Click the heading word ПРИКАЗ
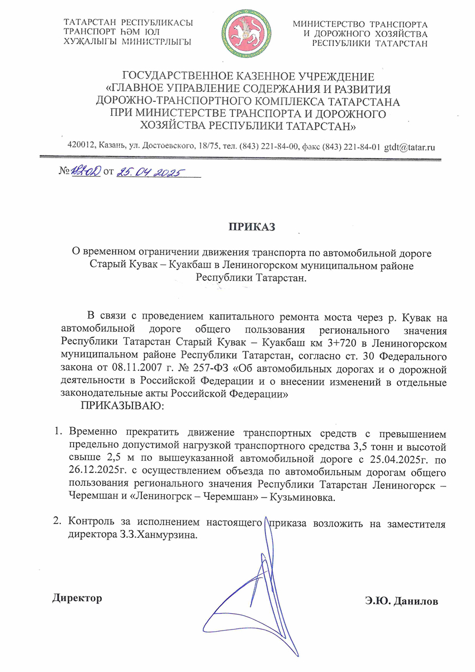pyautogui.click(x=251, y=226)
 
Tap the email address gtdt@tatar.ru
pyautogui.click(x=410, y=146)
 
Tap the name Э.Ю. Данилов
pyautogui.click(x=401, y=601)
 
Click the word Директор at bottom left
pyautogui.click(x=78, y=598)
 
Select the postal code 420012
pyautogui.click(x=80, y=146)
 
